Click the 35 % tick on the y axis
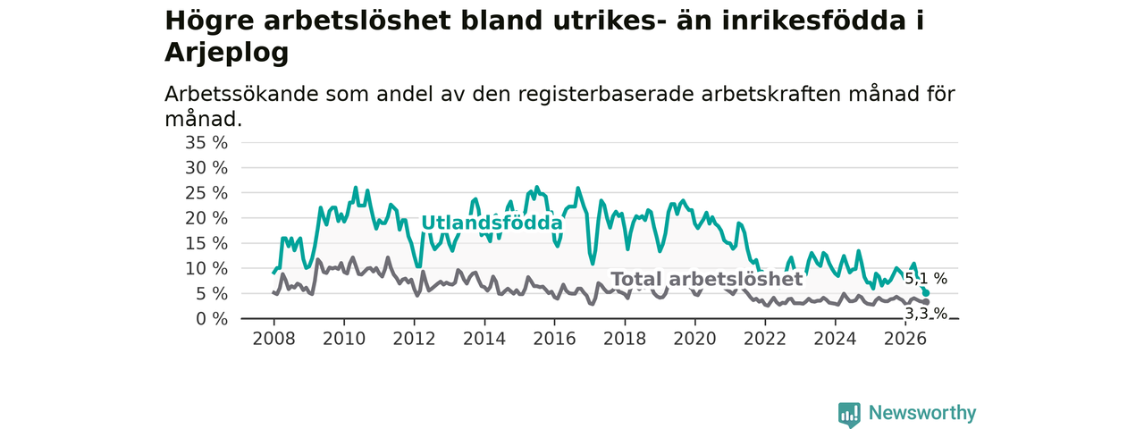click(x=206, y=143)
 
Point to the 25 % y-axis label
click(x=206, y=193)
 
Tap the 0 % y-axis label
click(x=212, y=319)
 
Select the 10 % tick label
click(x=206, y=269)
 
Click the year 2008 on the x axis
click(x=273, y=339)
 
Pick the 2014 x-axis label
click(x=484, y=339)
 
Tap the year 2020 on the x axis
click(x=694, y=339)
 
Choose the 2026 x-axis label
click(x=905, y=339)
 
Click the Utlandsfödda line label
click(x=492, y=223)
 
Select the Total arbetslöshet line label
click(x=707, y=279)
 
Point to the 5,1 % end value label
click(x=926, y=279)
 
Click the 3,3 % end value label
click(x=926, y=314)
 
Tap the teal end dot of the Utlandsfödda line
click(x=926, y=293)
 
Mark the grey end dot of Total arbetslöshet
click(x=926, y=302)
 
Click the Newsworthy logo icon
click(x=849, y=414)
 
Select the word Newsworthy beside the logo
click(x=922, y=413)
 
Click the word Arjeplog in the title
click(x=227, y=52)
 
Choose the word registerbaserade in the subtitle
click(x=606, y=95)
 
